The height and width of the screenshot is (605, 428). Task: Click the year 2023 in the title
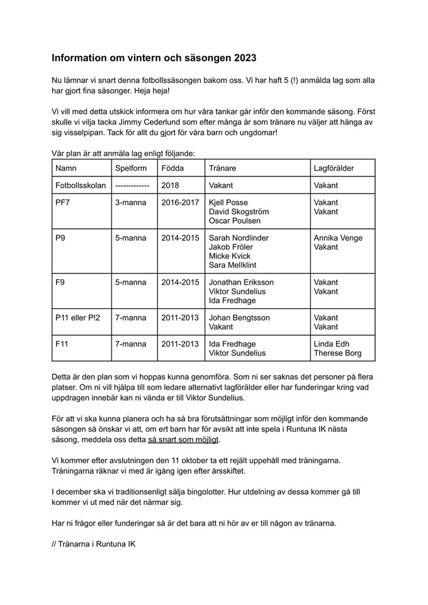(x=244, y=58)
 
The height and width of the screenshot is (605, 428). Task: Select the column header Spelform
(x=130, y=168)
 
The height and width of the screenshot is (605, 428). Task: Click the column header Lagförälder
(x=334, y=168)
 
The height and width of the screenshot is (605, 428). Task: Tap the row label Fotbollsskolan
(x=81, y=185)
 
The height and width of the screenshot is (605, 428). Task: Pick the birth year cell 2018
(x=170, y=185)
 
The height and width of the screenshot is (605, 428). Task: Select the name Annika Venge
(x=338, y=238)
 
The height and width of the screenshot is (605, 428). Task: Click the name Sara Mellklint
(x=234, y=265)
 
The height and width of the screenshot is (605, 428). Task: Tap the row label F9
(x=60, y=282)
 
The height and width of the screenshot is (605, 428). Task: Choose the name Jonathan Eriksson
(x=241, y=282)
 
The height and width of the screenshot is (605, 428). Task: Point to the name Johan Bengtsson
(x=240, y=318)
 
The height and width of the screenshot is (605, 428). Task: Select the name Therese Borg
(x=338, y=353)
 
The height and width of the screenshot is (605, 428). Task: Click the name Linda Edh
(x=332, y=344)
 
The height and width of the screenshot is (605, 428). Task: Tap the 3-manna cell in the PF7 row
(x=130, y=203)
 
